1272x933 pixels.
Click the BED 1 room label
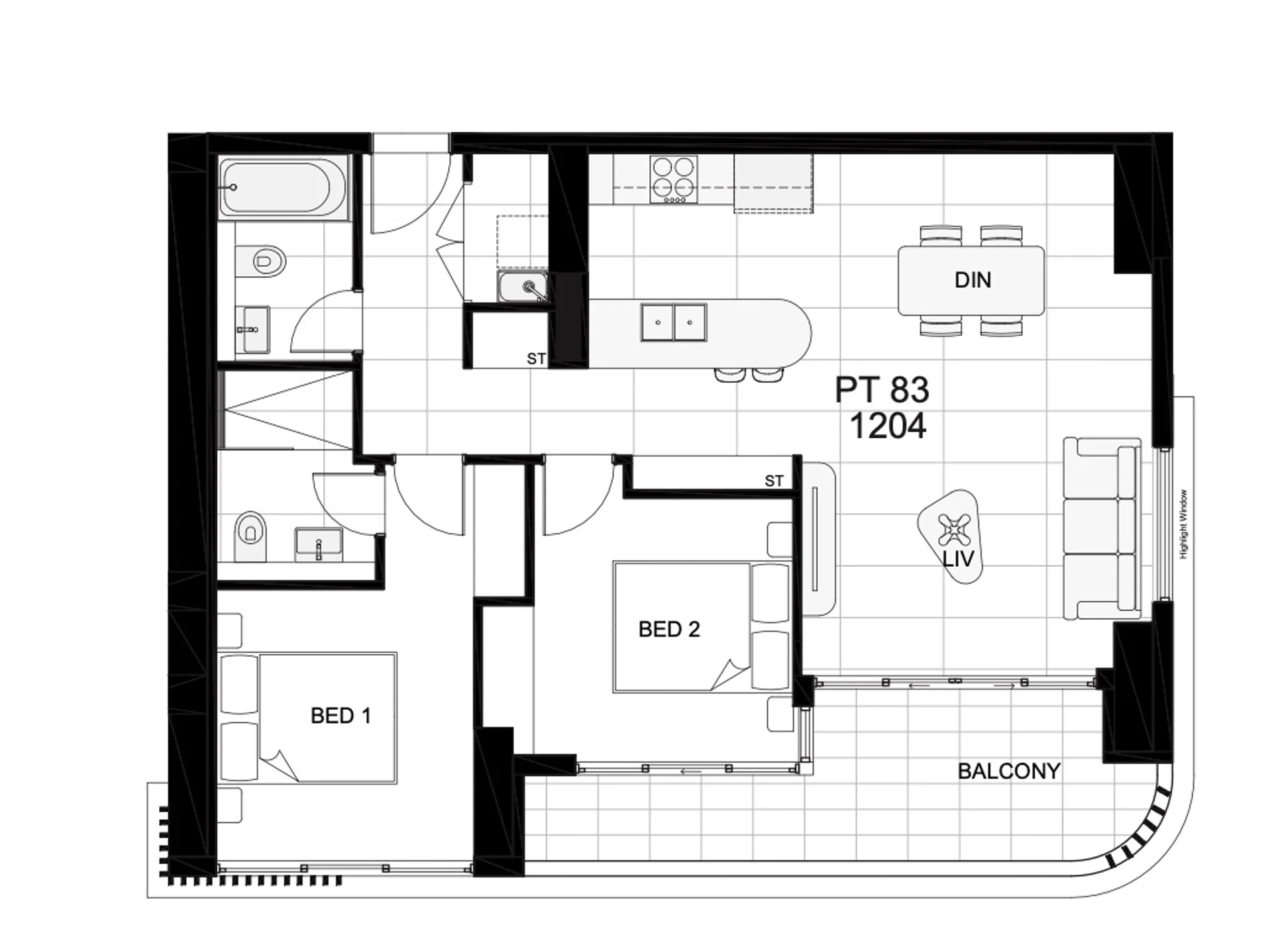(x=341, y=716)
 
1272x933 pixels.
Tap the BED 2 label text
(x=669, y=629)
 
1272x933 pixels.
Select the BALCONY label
(x=1009, y=771)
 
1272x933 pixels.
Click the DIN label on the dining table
(x=973, y=280)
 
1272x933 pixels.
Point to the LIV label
(x=958, y=559)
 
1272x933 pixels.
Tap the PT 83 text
(x=882, y=389)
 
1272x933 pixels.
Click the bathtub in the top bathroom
(x=284, y=189)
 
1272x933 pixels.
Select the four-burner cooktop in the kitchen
(x=673, y=179)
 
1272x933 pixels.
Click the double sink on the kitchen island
(x=674, y=322)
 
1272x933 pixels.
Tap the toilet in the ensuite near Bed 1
(x=250, y=535)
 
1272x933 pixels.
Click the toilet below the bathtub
(x=260, y=261)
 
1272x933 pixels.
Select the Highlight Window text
(x=1184, y=524)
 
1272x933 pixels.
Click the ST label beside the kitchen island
(x=536, y=359)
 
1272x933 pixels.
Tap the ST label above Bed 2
(x=774, y=481)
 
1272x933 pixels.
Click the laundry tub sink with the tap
(x=523, y=286)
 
